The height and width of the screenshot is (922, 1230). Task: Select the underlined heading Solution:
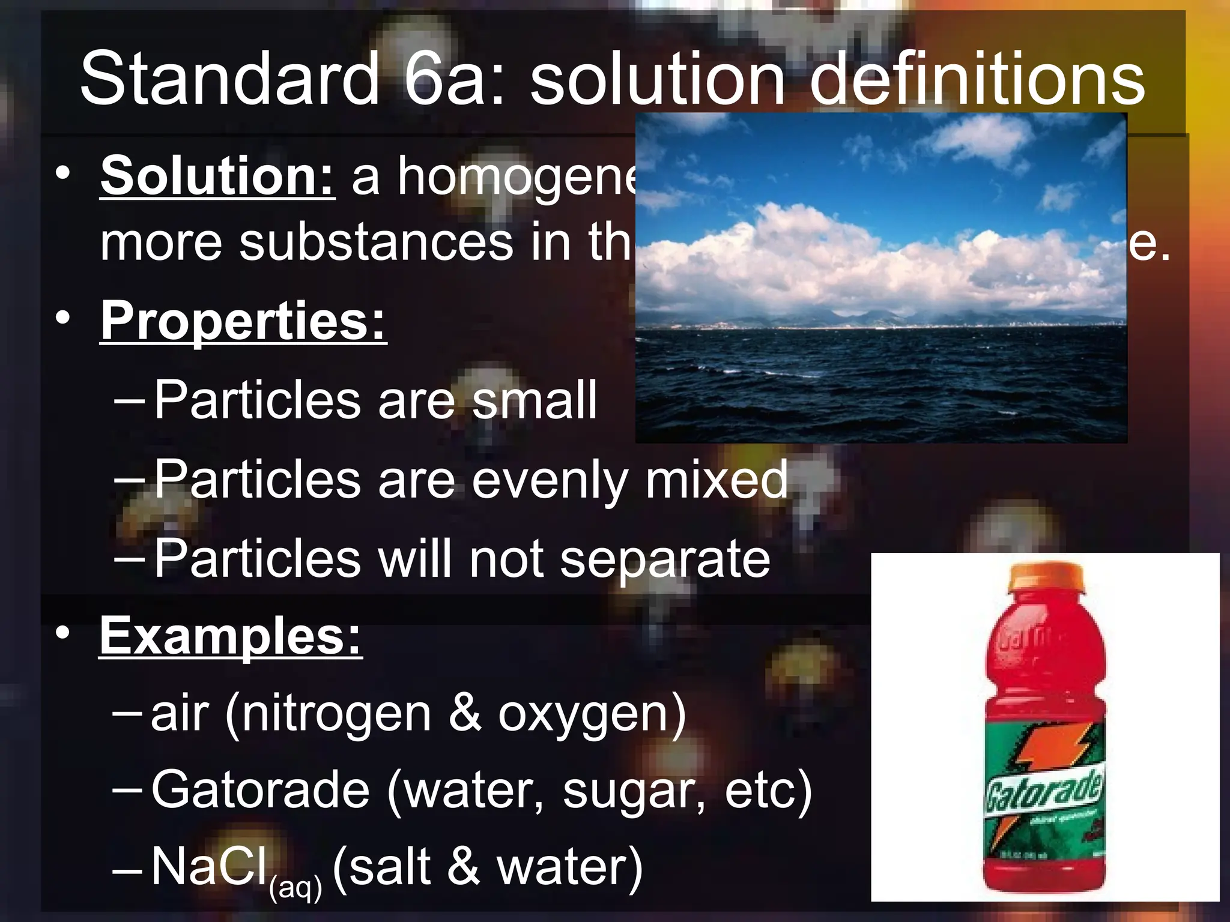[x=217, y=176]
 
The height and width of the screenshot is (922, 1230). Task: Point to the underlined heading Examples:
[x=231, y=636]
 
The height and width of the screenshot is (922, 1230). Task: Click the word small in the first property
[x=534, y=400]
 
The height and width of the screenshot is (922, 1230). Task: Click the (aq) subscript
[x=295, y=887]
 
